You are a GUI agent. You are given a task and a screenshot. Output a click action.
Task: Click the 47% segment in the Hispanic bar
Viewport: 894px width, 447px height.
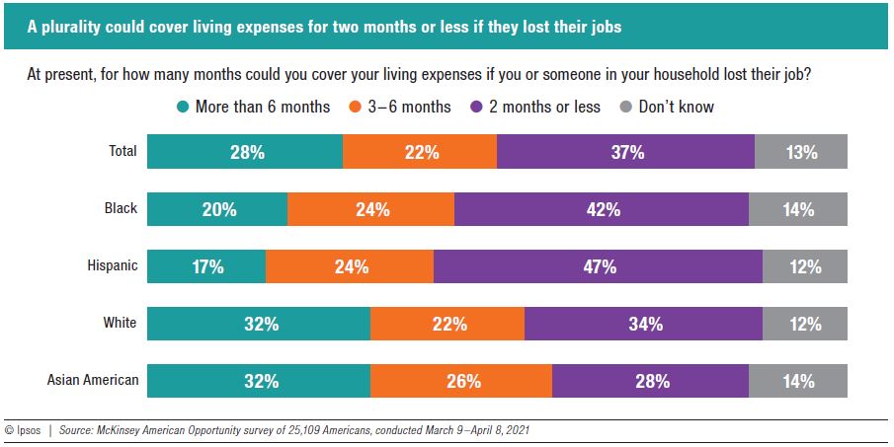pyautogui.click(x=598, y=266)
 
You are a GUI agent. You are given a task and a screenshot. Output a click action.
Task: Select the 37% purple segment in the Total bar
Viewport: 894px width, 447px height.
pyautogui.click(x=625, y=153)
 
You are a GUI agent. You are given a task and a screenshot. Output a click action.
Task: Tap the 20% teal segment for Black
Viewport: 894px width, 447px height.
pyautogui.click(x=217, y=209)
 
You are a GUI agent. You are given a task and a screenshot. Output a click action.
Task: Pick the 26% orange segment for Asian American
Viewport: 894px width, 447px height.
pyautogui.click(x=461, y=380)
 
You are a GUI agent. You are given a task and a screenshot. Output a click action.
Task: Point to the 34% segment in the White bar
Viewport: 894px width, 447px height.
pyautogui.click(x=643, y=324)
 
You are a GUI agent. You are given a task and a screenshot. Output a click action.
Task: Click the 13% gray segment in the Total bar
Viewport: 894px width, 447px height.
pyautogui.click(x=801, y=153)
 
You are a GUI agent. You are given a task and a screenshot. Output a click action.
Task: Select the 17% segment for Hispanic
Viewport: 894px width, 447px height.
pyautogui.click(x=206, y=266)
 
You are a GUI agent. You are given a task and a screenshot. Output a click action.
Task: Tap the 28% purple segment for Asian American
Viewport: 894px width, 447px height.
pyautogui.click(x=650, y=380)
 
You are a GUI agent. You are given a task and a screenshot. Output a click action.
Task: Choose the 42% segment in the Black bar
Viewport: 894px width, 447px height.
pyautogui.click(x=602, y=209)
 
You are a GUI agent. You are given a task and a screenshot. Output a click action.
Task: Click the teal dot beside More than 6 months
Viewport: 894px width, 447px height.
pyautogui.click(x=183, y=107)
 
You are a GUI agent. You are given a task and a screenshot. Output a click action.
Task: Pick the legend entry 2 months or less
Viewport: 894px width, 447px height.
pyautogui.click(x=543, y=107)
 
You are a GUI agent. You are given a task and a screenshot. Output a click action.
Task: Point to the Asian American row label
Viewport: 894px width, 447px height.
pyautogui.click(x=93, y=380)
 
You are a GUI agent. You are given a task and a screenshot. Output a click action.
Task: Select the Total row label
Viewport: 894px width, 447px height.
pyautogui.click(x=122, y=153)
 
